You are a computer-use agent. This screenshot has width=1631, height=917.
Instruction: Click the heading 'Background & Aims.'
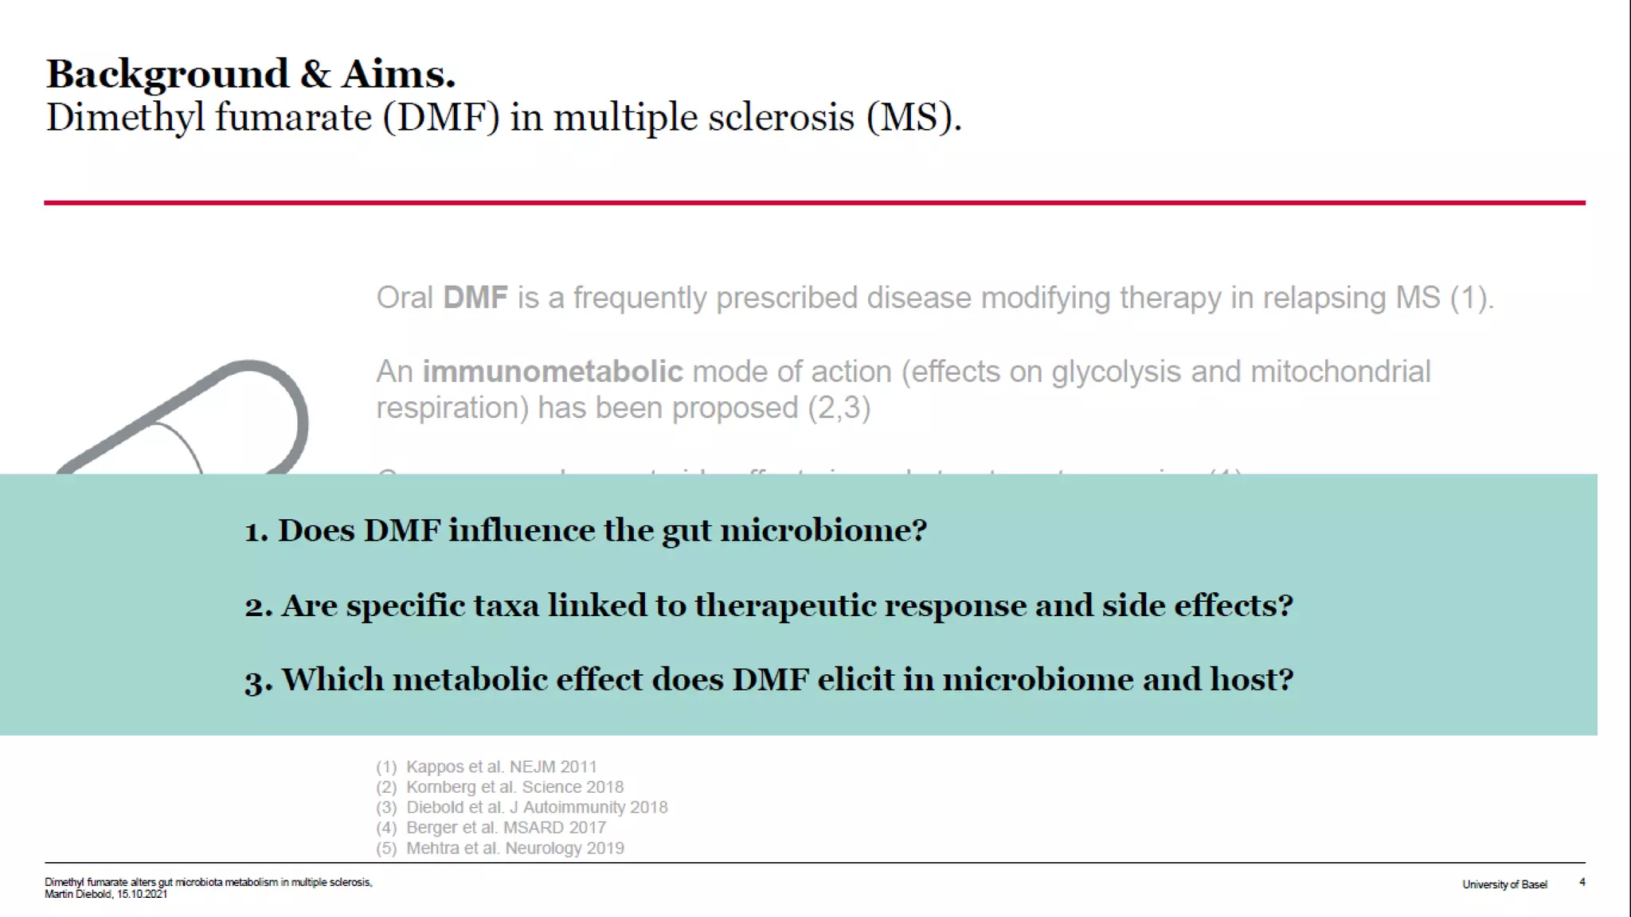pos(251,74)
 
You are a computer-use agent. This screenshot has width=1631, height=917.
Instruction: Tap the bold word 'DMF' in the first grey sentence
pos(475,298)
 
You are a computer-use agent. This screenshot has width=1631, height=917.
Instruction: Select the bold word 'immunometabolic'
pos(552,372)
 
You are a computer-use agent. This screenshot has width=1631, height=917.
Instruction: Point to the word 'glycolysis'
pos(1116,372)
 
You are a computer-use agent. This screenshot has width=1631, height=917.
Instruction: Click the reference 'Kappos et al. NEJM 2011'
pos(501,767)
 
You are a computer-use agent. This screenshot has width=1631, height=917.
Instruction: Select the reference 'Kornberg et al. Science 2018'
pos(514,787)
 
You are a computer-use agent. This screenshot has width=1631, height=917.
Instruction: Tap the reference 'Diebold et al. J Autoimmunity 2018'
pos(537,807)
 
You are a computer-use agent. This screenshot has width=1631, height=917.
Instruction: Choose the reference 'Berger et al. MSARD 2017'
pos(506,828)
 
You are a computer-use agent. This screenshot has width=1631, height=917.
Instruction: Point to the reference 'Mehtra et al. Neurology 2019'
pos(514,849)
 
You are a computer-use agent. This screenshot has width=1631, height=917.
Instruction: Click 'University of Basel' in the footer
pos(1504,884)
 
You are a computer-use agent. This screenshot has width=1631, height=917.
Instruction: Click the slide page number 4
pos(1582,882)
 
